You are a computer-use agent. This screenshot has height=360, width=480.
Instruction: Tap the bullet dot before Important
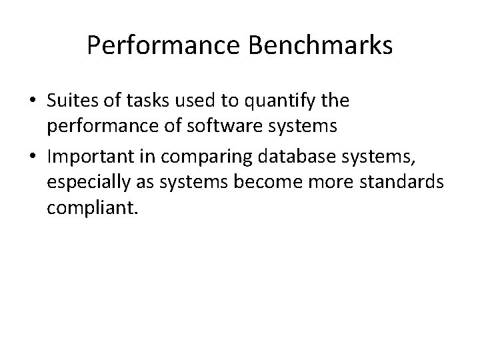click(33, 157)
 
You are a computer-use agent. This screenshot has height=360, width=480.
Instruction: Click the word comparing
click(194, 157)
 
